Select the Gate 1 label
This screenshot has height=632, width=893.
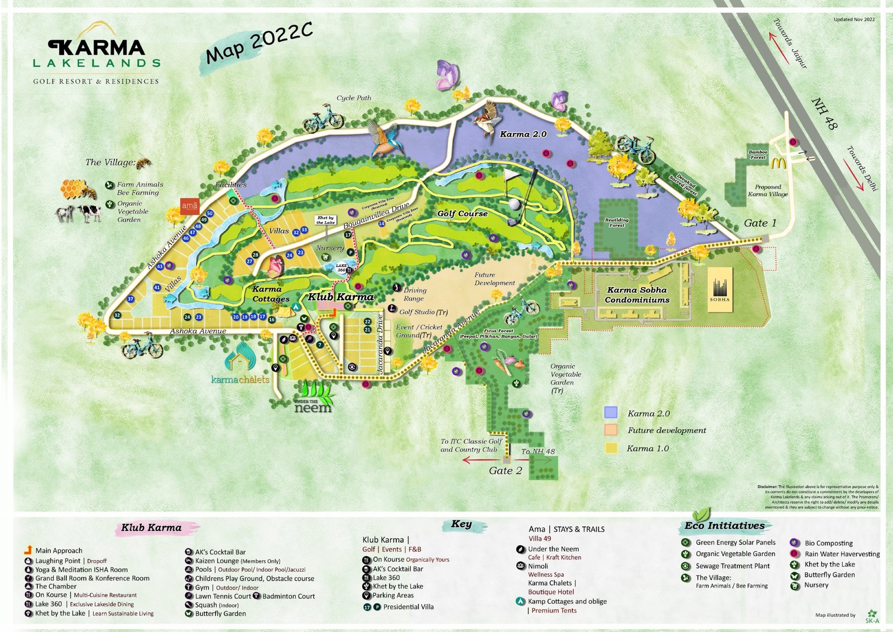pyautogui.click(x=760, y=223)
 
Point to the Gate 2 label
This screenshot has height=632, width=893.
pyautogui.click(x=505, y=471)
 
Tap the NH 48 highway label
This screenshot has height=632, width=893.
pyautogui.click(x=824, y=114)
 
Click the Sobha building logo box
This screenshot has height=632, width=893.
pyautogui.click(x=719, y=289)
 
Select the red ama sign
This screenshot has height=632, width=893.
pyautogui.click(x=190, y=205)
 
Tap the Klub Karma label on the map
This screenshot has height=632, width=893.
pyautogui.click(x=340, y=296)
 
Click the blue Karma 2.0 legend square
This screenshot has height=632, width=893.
pyautogui.click(x=611, y=413)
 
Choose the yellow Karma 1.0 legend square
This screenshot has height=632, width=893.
pyautogui.click(x=611, y=448)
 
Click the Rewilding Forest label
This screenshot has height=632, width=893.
pyautogui.click(x=616, y=222)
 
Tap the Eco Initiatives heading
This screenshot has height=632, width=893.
pyautogui.click(x=724, y=525)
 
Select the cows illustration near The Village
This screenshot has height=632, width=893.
pyautogui.click(x=78, y=213)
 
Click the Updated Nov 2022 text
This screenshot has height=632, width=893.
pyautogui.click(x=854, y=20)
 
